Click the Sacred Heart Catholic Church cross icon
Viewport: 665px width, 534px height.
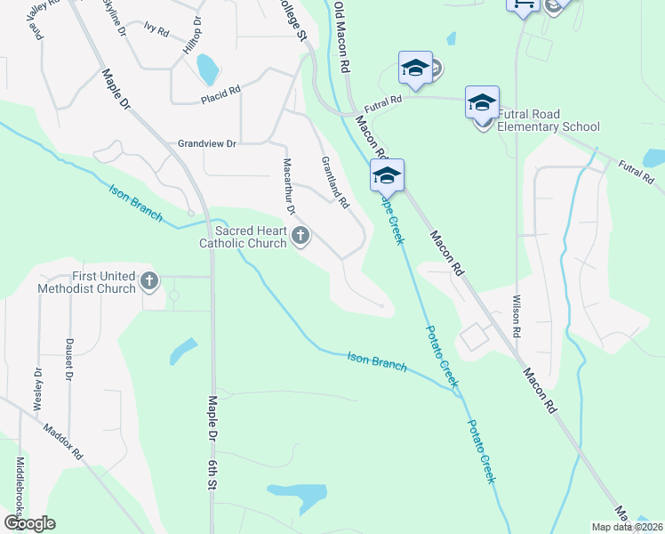click(x=300, y=236)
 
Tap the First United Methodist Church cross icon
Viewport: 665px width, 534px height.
click(x=149, y=282)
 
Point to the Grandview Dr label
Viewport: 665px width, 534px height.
click(x=207, y=143)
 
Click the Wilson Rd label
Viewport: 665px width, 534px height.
click(x=515, y=317)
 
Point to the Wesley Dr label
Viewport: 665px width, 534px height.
click(x=38, y=389)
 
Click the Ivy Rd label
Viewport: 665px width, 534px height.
click(x=156, y=32)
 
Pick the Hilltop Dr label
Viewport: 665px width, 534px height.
click(x=193, y=35)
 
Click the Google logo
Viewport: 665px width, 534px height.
click(x=29, y=523)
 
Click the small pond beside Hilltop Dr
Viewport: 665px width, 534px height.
click(x=208, y=68)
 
